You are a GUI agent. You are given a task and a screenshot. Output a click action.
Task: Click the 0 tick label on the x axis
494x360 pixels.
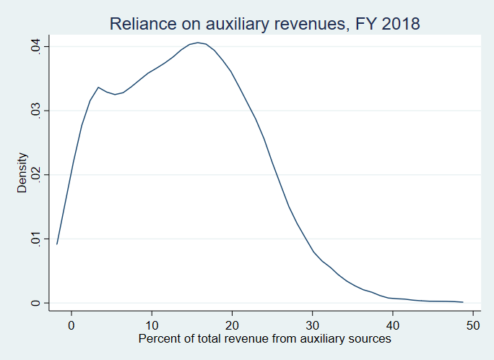(x=71, y=325)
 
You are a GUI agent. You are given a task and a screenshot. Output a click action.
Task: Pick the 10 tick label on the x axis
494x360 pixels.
(x=152, y=325)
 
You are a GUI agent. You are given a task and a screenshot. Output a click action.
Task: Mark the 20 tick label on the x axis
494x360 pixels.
(x=232, y=325)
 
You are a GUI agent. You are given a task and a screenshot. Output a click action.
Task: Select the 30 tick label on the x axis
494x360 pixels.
(x=312, y=325)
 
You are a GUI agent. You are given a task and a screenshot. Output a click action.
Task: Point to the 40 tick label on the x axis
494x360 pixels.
(x=392, y=325)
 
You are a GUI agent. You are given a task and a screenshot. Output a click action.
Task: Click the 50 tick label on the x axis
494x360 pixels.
(x=472, y=325)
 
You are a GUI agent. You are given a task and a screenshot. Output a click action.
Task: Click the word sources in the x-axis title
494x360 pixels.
(x=370, y=338)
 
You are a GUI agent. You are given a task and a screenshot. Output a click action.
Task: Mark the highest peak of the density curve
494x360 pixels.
(x=198, y=43)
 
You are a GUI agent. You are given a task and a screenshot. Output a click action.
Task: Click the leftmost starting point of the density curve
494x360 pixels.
(x=56, y=244)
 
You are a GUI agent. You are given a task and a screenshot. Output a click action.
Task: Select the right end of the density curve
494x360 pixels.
(x=462, y=302)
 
